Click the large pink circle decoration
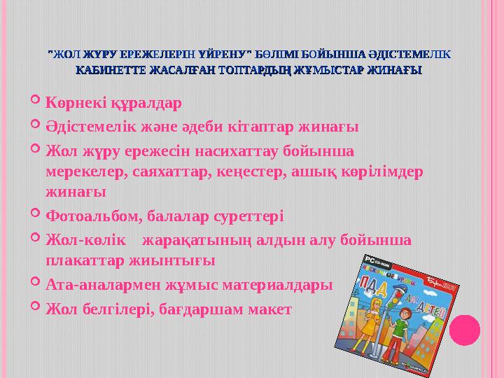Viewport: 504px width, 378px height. [x=464, y=330]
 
